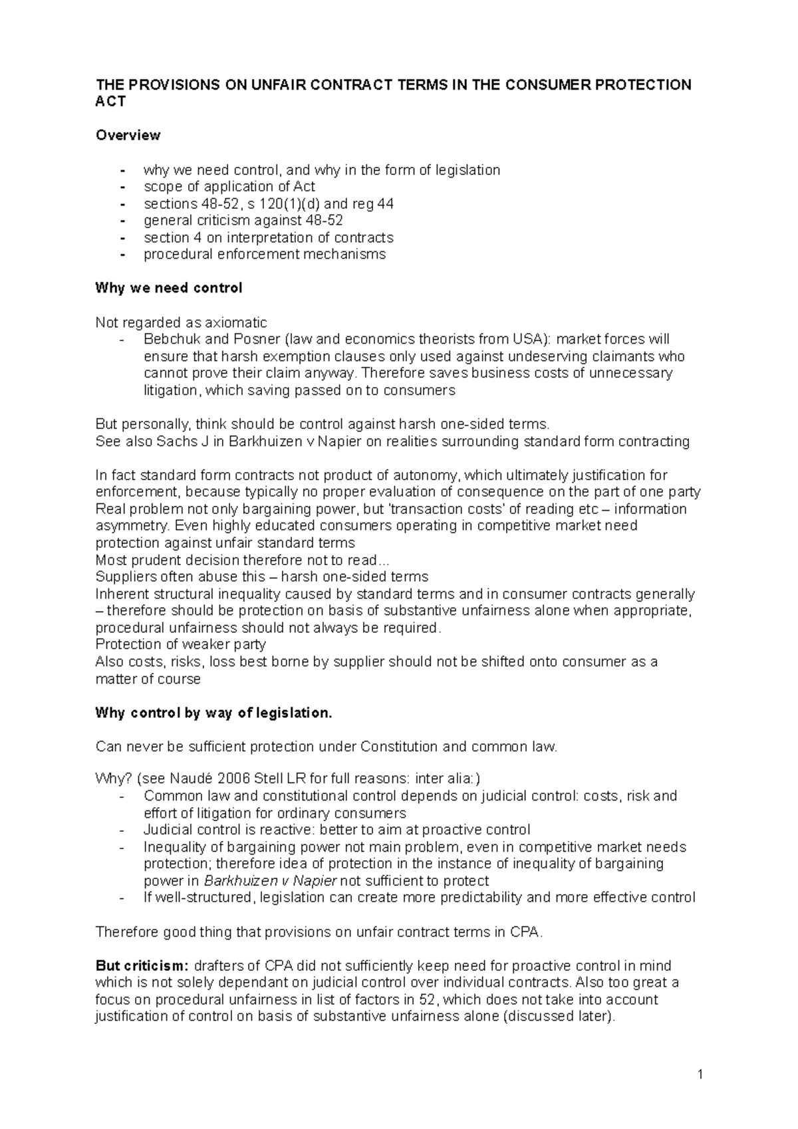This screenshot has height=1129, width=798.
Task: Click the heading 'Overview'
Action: coord(128,136)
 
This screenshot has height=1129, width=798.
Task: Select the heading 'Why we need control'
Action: coord(169,289)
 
